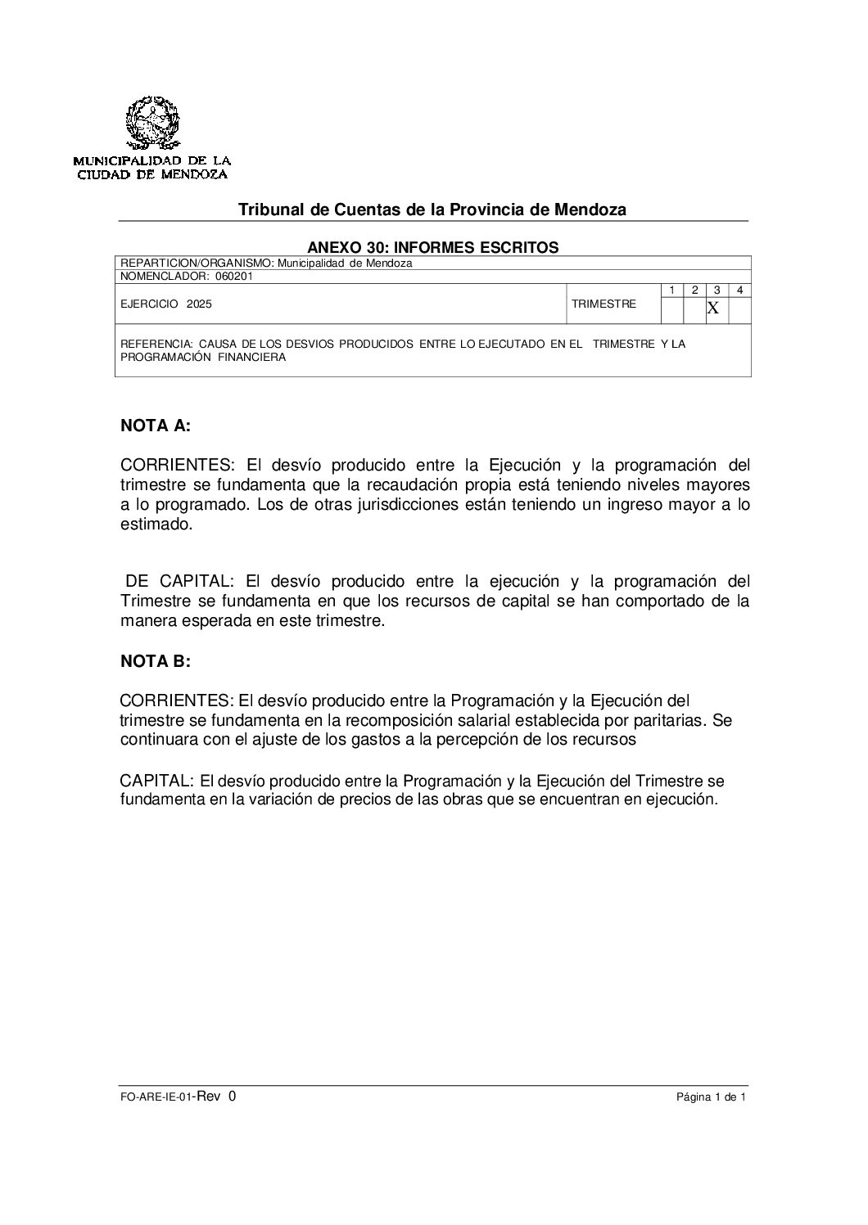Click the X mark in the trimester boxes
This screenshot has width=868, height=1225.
712,309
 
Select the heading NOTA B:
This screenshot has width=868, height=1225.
155,662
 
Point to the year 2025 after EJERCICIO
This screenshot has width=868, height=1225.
198,304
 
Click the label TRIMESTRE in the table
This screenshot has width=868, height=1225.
604,304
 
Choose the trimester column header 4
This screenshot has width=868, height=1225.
739,290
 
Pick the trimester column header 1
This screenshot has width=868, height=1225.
671,290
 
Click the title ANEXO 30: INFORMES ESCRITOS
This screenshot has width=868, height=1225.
432,246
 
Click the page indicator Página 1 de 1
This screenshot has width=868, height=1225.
711,1099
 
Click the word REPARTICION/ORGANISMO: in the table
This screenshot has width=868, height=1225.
197,263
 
